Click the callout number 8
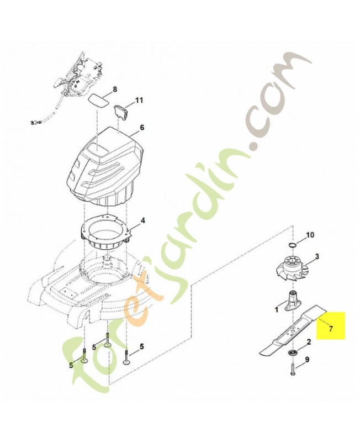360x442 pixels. pyautogui.click(x=115, y=90)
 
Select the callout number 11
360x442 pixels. pyautogui.click(x=139, y=100)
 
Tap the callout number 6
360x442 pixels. pyautogui.click(x=142, y=128)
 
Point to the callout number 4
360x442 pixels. pyautogui.click(x=143, y=220)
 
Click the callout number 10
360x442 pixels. pyautogui.click(x=310, y=234)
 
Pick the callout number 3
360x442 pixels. pyautogui.click(x=317, y=256)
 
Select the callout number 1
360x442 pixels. pyautogui.click(x=276, y=310)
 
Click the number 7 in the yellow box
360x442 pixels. pyautogui.click(x=330, y=328)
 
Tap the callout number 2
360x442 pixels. pyautogui.click(x=309, y=342)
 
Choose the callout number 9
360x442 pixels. pyautogui.click(x=307, y=360)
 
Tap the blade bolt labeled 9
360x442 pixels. pyautogui.click(x=292, y=369)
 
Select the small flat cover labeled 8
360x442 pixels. pyautogui.click(x=98, y=100)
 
